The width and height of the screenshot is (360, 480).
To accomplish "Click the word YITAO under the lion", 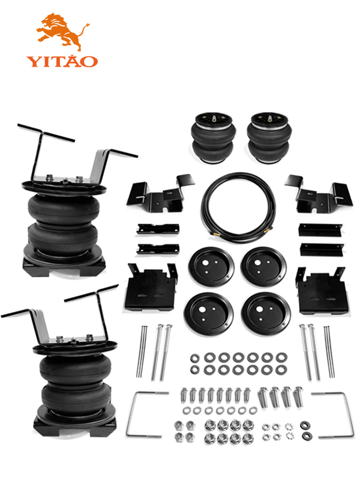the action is (x=62, y=61).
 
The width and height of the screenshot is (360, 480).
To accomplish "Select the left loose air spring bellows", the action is (x=214, y=138).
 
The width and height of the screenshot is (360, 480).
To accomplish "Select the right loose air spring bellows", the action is (x=269, y=138).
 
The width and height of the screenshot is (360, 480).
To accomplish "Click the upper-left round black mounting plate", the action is (x=211, y=266).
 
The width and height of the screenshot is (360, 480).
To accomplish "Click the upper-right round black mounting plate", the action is (x=263, y=266).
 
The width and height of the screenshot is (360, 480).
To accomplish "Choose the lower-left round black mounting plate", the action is (x=209, y=313).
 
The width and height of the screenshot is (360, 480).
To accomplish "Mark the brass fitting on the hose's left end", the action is (x=215, y=234).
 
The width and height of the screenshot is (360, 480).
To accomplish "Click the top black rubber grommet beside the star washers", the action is (x=305, y=425).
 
